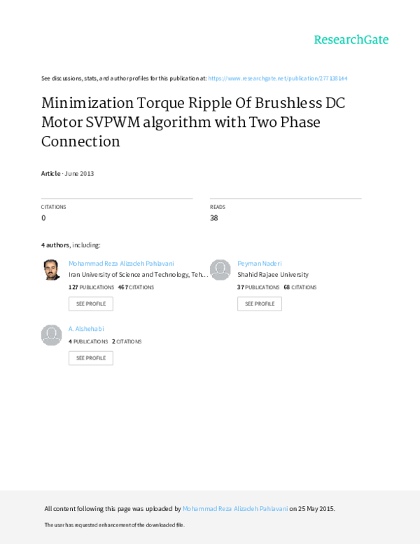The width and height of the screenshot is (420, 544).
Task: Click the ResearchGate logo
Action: pos(350,39)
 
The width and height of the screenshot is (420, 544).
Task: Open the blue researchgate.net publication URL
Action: pos(278,79)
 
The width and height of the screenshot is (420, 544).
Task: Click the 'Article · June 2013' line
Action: pos(67,172)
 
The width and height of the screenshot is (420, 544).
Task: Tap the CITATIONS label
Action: pos(53,207)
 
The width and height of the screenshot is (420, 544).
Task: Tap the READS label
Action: pos(217,207)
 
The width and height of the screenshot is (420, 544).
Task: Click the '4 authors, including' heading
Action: pos(70,245)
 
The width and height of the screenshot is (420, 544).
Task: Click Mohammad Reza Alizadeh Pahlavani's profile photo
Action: pos(51,270)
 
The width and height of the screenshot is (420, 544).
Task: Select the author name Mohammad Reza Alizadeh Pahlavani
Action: pos(121,264)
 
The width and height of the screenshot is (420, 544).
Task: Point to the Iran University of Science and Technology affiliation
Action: pos(137,275)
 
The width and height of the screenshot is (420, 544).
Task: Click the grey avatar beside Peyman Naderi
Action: pos(220,270)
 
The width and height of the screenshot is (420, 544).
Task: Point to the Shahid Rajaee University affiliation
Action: pos(273,275)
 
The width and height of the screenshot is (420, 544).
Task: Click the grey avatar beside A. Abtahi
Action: pos(51,334)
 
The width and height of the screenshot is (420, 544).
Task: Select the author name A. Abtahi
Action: pos(86,329)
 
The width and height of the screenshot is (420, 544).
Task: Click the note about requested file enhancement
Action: pos(114,525)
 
